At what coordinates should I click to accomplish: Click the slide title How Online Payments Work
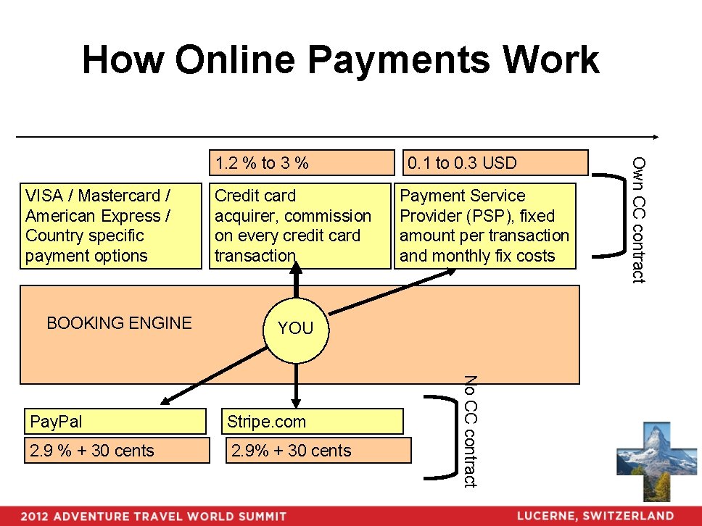[x=340, y=60]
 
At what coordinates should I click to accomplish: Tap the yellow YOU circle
[x=295, y=328]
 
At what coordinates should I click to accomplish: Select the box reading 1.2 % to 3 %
[x=300, y=163]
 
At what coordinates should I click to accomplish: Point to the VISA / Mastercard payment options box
[x=110, y=225]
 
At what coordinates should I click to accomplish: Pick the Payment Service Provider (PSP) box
[x=484, y=225]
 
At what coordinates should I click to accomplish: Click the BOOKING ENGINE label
[x=119, y=323]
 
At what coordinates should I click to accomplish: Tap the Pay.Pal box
[x=116, y=421]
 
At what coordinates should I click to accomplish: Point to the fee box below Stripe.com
[x=318, y=450]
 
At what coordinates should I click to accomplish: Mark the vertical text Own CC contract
[x=637, y=220]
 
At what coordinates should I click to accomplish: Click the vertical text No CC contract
[x=470, y=431]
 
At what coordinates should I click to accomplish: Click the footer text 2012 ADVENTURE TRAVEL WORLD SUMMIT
[x=153, y=517]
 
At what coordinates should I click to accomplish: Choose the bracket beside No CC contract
[x=439, y=437]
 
